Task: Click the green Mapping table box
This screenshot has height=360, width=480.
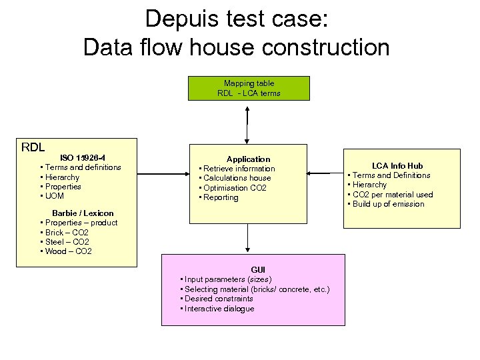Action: click(249, 88)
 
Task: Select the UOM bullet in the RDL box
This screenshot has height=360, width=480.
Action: click(56, 196)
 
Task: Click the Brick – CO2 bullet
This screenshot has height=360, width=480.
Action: click(67, 232)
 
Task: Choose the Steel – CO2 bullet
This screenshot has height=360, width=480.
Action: click(67, 242)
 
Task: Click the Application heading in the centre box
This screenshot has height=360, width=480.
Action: click(248, 159)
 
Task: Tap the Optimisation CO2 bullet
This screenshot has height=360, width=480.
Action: click(235, 188)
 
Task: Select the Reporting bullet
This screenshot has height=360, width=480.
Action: click(221, 197)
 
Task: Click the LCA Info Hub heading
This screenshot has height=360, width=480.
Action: click(397, 165)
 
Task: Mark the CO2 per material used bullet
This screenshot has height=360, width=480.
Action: click(393, 195)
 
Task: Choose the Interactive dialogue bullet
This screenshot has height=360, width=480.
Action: click(219, 309)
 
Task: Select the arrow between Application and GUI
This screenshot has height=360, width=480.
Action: click(248, 238)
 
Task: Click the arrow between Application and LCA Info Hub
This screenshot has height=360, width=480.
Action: click(325, 173)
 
